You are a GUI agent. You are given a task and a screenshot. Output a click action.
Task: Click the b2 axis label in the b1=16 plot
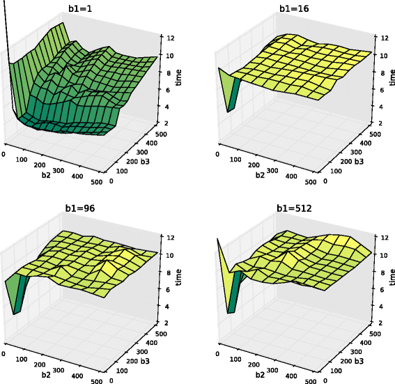(x=260, y=176)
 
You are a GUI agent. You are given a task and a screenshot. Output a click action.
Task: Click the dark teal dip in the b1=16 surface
(x=234, y=93)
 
